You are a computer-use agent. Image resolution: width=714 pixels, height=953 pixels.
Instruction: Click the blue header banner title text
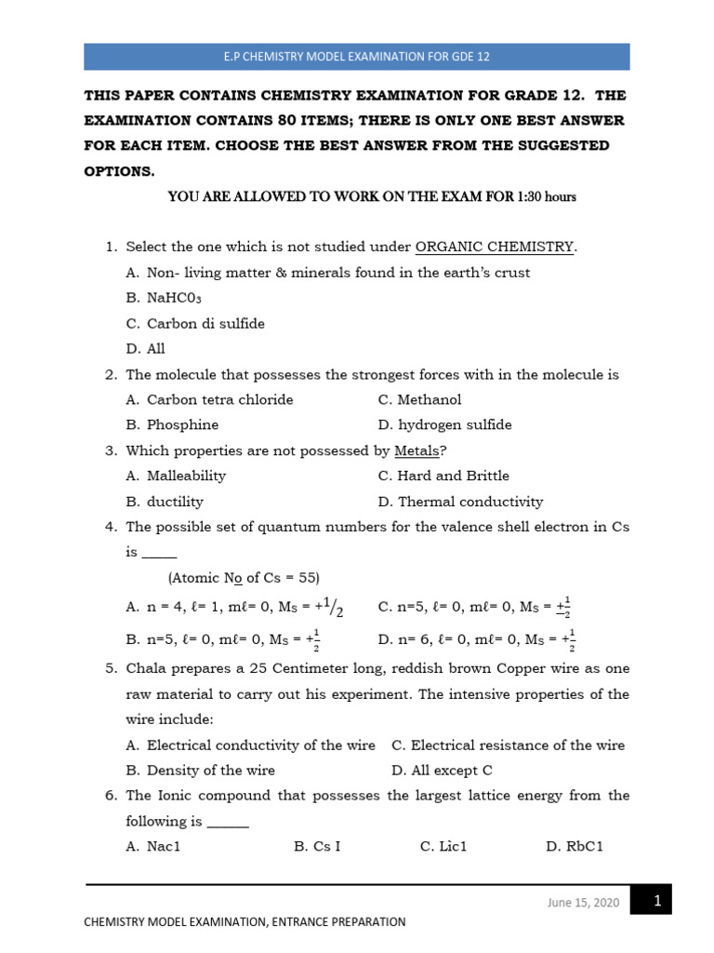coord(356,57)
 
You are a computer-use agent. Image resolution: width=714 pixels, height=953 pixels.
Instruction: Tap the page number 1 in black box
coord(656,900)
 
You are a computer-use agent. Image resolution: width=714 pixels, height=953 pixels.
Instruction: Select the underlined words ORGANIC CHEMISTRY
coord(495,247)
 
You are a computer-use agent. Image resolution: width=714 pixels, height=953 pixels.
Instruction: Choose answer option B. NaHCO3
coord(164,299)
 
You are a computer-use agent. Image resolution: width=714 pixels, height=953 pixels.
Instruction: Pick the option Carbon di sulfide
coord(195,324)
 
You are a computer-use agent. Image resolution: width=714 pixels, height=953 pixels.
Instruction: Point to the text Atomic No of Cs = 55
coord(244,577)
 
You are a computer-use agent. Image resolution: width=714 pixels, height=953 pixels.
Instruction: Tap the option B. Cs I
coord(317,847)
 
